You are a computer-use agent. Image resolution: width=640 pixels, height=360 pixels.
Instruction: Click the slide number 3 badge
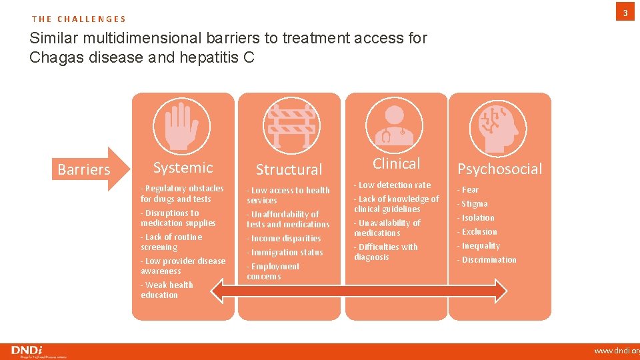point(625,13)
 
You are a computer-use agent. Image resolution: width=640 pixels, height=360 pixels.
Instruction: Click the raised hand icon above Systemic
point(182,126)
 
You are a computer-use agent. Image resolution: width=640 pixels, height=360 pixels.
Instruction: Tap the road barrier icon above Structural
point(289,126)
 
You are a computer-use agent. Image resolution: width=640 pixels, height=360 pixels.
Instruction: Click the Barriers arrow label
point(85,169)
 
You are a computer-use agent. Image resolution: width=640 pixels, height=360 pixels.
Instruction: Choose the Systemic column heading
point(183,167)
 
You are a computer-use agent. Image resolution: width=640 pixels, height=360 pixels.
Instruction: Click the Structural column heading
point(289,169)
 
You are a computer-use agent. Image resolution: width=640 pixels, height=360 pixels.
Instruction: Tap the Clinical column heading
point(396,163)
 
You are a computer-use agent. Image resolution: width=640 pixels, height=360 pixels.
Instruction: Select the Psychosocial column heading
point(499,169)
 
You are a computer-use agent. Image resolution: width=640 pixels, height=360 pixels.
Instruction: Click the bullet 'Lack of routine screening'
point(172,242)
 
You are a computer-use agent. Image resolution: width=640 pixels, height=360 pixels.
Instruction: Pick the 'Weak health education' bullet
point(167,290)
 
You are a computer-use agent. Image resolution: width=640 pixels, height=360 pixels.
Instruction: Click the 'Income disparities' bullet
point(285,238)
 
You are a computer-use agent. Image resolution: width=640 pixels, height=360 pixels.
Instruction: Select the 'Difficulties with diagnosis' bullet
point(387,252)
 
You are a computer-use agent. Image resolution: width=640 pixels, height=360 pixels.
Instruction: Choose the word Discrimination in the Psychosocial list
point(487,259)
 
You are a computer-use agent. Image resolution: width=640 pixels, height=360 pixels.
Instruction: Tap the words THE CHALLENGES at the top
point(79,19)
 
